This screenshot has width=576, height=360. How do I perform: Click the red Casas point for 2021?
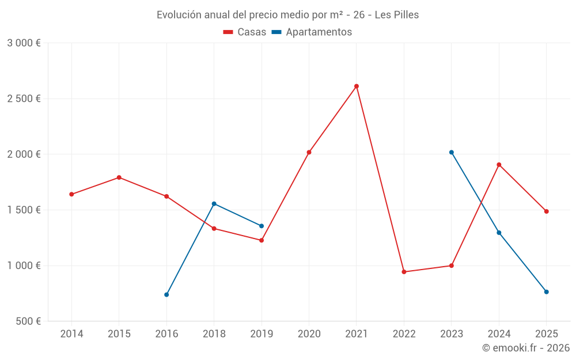[x=357, y=86]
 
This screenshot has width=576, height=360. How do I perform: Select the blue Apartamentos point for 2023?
[x=452, y=152]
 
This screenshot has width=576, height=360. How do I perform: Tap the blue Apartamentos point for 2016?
[x=166, y=294]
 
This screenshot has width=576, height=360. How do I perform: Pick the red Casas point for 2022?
[x=404, y=272]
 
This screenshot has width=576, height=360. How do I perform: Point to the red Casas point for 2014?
[x=71, y=194]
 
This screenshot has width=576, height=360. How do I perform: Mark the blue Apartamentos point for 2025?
[x=547, y=292]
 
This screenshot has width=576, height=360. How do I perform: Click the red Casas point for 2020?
[x=309, y=152]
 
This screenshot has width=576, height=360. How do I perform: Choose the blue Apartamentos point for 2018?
[x=214, y=203]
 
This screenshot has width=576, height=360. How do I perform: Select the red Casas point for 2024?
[x=499, y=165]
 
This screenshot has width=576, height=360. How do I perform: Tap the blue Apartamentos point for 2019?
[x=262, y=226]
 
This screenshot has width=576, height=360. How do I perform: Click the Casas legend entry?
[x=245, y=32]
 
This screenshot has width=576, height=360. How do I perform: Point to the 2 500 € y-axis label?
[x=24, y=98]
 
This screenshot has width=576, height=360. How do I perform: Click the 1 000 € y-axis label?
[x=24, y=266]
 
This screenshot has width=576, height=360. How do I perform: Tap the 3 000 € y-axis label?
[x=24, y=43]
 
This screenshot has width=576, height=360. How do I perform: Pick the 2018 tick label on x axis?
[x=214, y=334]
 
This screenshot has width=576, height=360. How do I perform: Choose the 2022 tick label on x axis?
[x=404, y=334]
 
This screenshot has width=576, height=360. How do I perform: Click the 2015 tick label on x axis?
[x=119, y=334]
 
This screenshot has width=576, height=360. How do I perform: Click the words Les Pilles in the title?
[x=397, y=14]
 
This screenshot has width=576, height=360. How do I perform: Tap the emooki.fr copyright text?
[x=526, y=348]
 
